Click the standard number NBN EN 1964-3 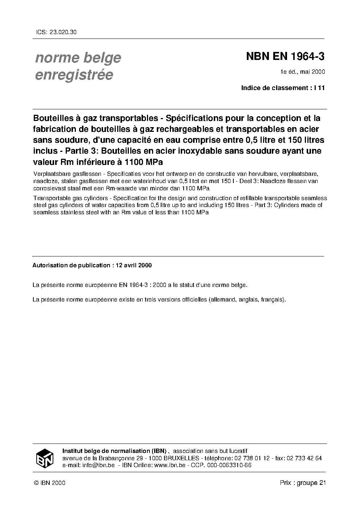click(x=285, y=57)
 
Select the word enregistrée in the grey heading click(x=74, y=75)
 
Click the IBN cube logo click(x=45, y=457)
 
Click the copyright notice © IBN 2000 click(x=49, y=483)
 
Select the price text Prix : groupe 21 click(x=303, y=483)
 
